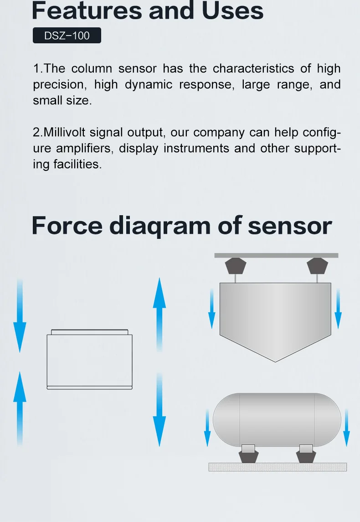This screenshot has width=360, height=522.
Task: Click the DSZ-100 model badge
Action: pos(67,35)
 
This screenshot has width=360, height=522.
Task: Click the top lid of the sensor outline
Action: pos(89,332)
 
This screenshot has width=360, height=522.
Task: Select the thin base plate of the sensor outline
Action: pos(89,388)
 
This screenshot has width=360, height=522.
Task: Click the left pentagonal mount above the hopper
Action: pos(236,266)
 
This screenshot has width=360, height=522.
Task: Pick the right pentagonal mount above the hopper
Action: pos(317,266)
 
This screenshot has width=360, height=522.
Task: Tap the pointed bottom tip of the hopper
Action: pos(276,362)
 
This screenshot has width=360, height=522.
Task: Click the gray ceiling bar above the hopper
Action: pos(276,255)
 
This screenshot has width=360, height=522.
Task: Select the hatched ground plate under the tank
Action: pos(278,467)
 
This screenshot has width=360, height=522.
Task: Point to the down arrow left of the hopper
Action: pos(211,309)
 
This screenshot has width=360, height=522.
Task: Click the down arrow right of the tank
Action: pos(346,428)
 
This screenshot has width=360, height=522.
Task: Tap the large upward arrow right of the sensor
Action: pos(159,314)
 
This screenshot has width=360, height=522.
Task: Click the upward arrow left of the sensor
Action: pos(20,408)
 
